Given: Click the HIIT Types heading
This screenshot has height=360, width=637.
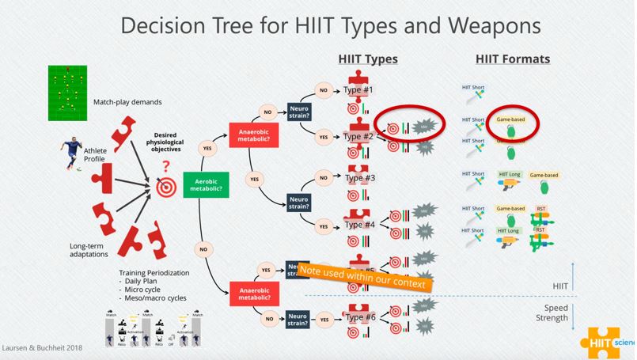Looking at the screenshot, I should pyautogui.click(x=367, y=59).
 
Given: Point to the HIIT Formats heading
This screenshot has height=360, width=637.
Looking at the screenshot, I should pyautogui.click(x=513, y=59).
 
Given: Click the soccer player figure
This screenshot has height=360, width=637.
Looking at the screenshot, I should pyautogui.click(x=70, y=154).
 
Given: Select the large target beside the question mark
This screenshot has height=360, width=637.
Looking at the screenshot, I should pyautogui.click(x=166, y=189).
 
